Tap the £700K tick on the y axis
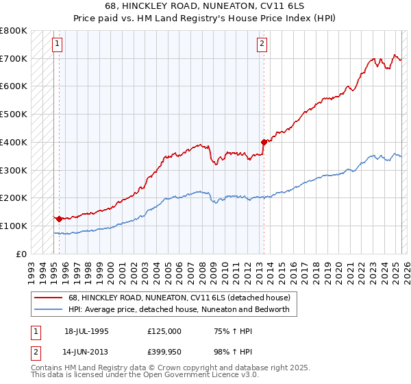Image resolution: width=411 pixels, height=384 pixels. pos(14,58)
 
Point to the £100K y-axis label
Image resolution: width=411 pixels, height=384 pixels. pos(14,226)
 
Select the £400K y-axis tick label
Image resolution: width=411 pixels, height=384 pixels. pos(14,142)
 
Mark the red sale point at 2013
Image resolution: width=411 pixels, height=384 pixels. pos(264,142)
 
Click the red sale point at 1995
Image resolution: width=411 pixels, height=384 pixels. pos(60,219)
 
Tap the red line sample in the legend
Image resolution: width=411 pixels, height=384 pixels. pos(49,298)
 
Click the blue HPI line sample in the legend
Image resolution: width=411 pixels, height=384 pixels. pos(49,310)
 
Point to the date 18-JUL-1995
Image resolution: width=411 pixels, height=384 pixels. pos(86,331)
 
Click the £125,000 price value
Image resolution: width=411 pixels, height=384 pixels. pos(164,331)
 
